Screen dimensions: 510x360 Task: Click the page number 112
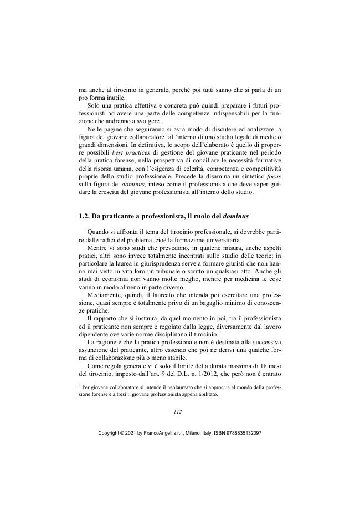point(178,412)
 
